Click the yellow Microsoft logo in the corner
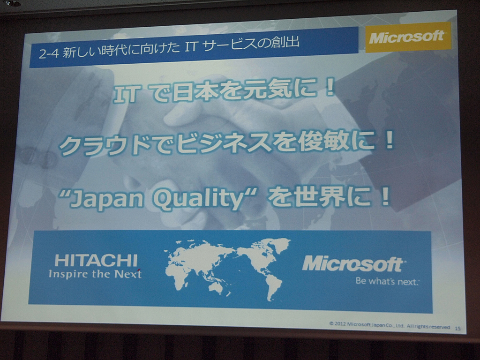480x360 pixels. point(407,37)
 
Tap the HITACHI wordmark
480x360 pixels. point(96,261)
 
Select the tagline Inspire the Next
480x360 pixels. point(95,274)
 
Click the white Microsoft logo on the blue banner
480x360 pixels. point(352,264)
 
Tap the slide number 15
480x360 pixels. point(457,328)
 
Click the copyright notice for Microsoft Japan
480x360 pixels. point(390,325)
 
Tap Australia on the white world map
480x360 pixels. point(217,287)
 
